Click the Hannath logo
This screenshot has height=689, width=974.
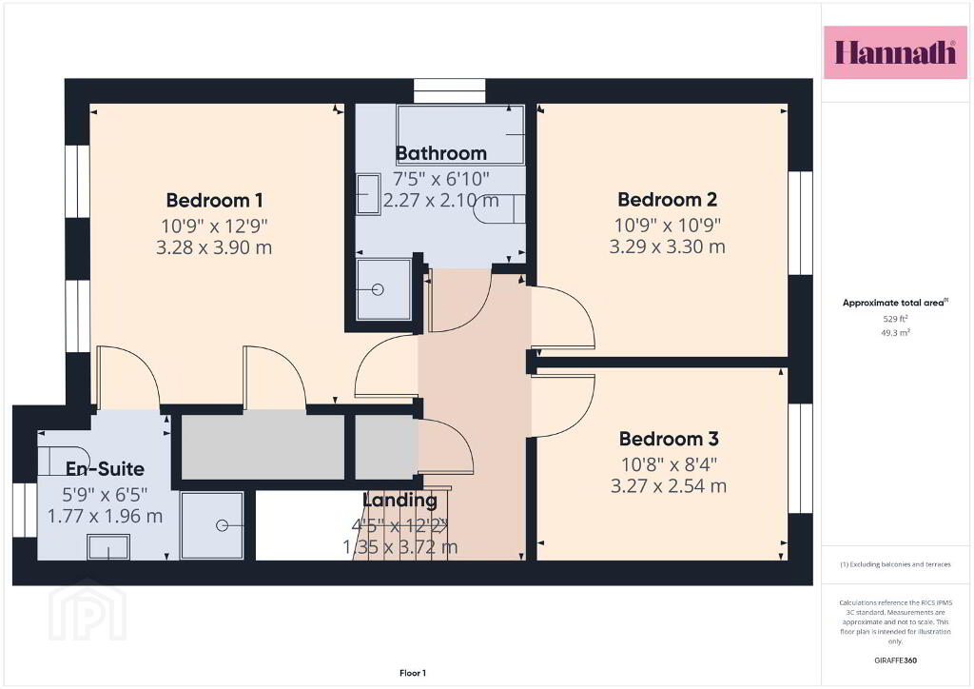pos(895,52)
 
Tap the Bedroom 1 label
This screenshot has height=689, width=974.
pos(214,201)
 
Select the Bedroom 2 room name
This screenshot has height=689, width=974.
pos(667,200)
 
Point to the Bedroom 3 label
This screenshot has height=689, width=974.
pos(669,439)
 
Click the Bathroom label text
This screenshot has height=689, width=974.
pos(441,153)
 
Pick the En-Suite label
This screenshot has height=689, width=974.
pos(105,468)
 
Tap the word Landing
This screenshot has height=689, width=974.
pos(399,500)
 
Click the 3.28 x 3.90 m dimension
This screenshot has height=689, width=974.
pos(214,247)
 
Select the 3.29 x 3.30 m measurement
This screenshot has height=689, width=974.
pos(667,246)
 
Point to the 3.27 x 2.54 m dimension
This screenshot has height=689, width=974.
pos(669,486)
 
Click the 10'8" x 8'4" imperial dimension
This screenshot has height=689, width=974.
pos(669,463)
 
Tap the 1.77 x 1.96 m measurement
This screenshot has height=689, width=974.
pos(105,516)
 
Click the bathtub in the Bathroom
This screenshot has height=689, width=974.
pos(460,135)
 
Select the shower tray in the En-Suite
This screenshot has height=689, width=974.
pos(211,525)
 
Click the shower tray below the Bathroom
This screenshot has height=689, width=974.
pos(384,289)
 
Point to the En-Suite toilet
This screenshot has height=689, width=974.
pos(63,461)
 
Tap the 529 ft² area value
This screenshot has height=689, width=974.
pos(895,319)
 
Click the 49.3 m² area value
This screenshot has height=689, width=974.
pos(895,333)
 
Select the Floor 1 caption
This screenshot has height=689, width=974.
pos(413,673)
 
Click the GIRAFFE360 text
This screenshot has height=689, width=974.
pos(895,660)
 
